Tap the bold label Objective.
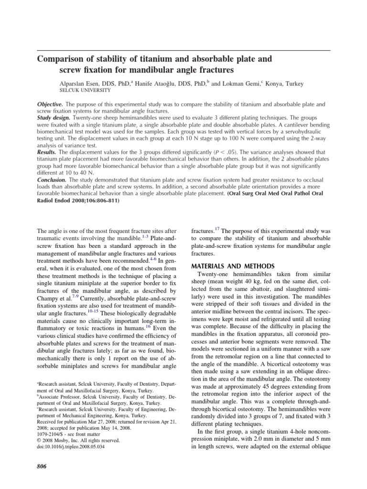click(x=50, y=104)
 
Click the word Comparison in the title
click(x=62, y=60)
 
